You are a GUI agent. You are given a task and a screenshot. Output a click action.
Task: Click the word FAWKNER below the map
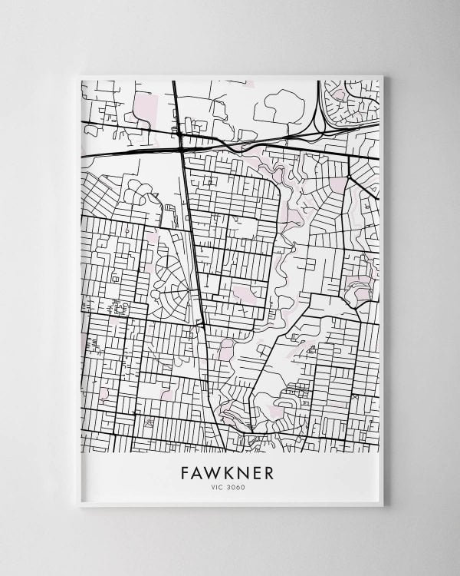click(227, 472)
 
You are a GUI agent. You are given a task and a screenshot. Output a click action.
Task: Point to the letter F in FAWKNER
click(186, 472)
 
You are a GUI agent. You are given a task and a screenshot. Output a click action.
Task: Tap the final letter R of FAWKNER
click(268, 472)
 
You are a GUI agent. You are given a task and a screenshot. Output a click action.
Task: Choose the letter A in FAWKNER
click(198, 472)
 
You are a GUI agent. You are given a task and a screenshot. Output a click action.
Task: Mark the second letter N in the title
click(242, 472)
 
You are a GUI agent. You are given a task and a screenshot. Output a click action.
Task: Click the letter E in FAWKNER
click(256, 472)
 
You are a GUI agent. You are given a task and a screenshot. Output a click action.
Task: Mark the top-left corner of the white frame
click(79, 76)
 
